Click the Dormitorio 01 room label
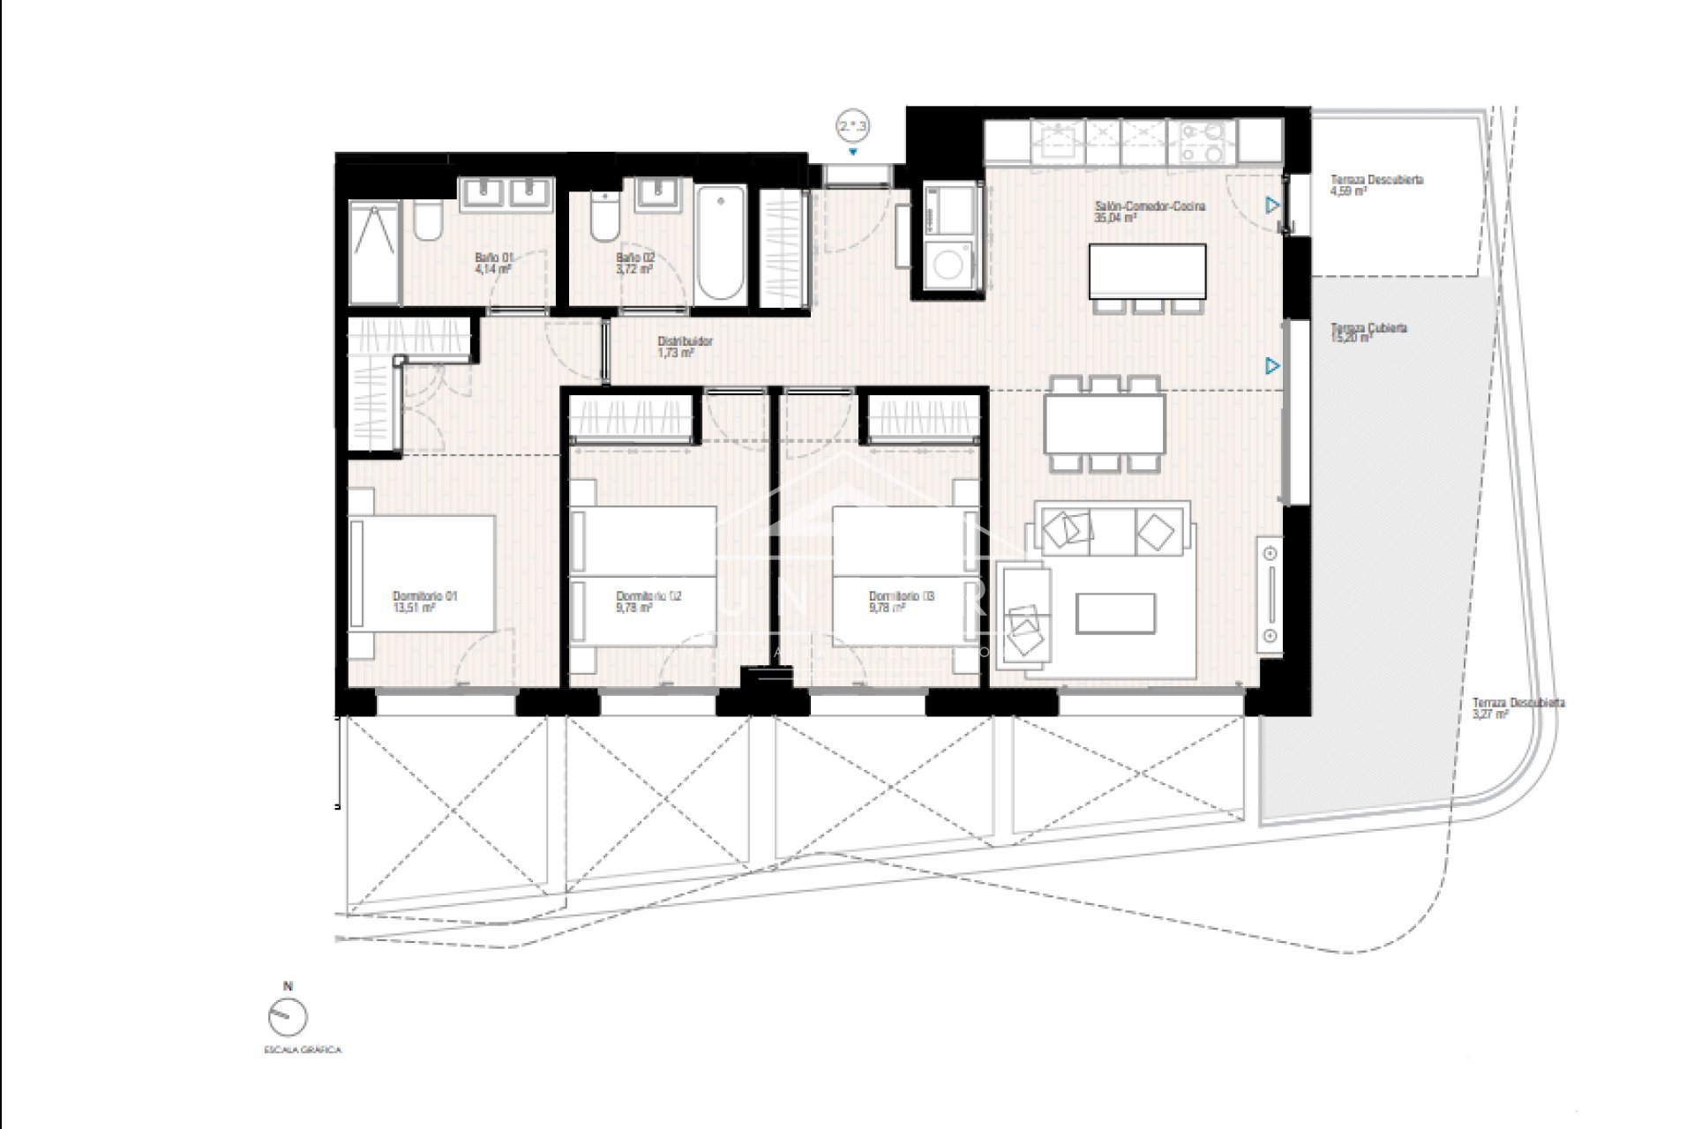pos(424,596)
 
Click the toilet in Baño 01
pos(427,221)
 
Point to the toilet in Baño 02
pos(604,218)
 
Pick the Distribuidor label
pos(685,341)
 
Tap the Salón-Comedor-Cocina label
pos(1149,206)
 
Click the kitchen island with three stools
pos(1148,272)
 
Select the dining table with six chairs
pos(1105,422)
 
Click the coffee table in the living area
pos(1115,613)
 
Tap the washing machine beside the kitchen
pos(948,265)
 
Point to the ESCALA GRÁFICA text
pos(302,1050)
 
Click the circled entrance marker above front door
pos(853,127)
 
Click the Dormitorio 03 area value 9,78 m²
pos(887,608)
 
